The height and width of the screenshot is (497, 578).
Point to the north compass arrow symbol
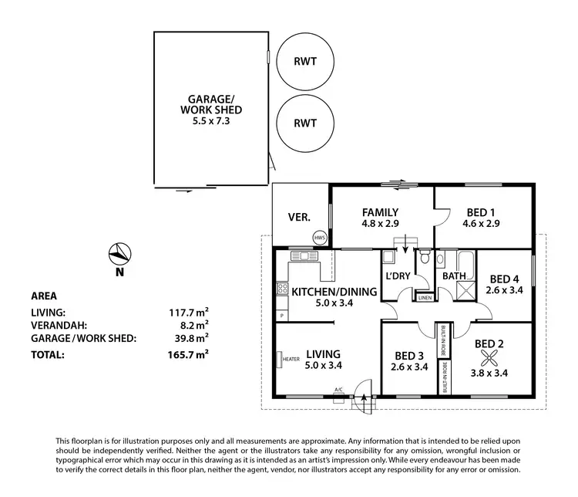(x=119, y=252)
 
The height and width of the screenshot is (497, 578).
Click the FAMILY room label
(x=380, y=212)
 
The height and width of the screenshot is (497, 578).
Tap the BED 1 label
(x=483, y=212)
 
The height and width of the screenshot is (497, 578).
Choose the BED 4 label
(x=505, y=279)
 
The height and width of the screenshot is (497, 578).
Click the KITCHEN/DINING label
(x=334, y=292)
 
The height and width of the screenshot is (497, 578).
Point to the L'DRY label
(x=398, y=275)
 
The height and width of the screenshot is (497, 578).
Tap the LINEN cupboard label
(x=425, y=298)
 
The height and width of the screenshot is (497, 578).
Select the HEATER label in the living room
(x=291, y=359)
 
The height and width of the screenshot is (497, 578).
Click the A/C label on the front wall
(x=338, y=390)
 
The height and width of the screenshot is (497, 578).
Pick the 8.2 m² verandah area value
(x=196, y=325)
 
